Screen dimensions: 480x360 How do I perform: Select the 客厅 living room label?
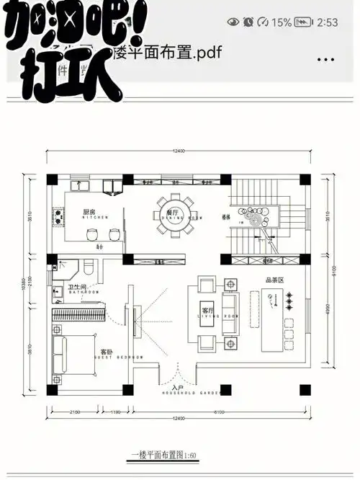click(209, 311)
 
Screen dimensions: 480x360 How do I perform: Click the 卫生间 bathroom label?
click(78, 288)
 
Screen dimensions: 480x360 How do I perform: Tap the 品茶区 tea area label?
click(274, 281)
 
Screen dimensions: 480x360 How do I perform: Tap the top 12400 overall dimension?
click(178, 151)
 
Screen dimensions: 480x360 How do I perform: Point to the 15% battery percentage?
click(282, 22)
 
